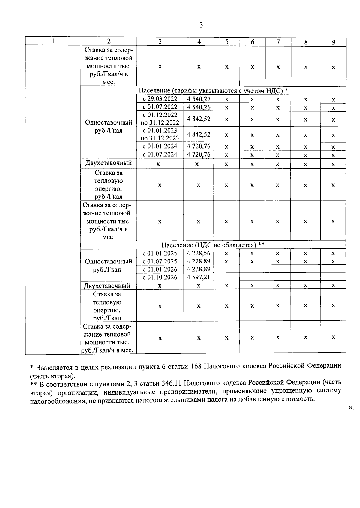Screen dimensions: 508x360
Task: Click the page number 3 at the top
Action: click(x=201, y=25)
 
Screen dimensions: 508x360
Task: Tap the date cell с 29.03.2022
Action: click(x=160, y=99)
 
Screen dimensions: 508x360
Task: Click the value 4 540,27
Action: click(x=199, y=99)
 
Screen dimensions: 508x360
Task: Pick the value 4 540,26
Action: click(x=199, y=107)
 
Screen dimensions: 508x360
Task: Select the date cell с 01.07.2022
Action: click(x=160, y=107)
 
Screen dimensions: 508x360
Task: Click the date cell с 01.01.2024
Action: click(x=160, y=146)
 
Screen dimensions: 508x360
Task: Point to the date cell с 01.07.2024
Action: click(x=160, y=154)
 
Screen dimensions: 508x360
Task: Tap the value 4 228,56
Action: click(x=199, y=253)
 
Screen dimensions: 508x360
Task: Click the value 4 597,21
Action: click(x=199, y=277)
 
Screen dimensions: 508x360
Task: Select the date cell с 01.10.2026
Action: click(x=160, y=277)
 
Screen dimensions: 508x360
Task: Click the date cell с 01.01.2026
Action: click(x=160, y=269)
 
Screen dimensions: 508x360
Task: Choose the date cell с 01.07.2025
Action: click(x=160, y=261)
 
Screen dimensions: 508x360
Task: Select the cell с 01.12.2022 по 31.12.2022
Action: click(x=160, y=119)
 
